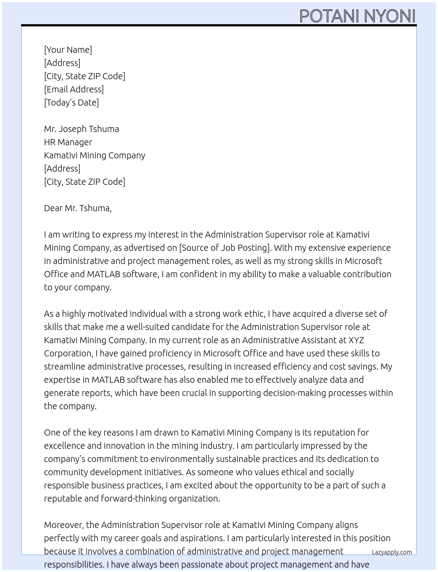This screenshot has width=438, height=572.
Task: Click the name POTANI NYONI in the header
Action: tap(357, 16)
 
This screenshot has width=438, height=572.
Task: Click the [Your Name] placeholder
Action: tap(68, 50)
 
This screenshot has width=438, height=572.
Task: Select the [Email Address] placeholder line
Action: tap(74, 89)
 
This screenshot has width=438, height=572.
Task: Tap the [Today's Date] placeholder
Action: tap(71, 103)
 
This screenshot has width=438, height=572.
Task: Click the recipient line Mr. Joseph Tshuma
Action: tap(81, 129)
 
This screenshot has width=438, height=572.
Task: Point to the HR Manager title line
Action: tap(68, 142)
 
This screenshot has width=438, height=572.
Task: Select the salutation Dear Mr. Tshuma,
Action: tap(78, 208)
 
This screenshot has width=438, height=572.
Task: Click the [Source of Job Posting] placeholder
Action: tap(225, 248)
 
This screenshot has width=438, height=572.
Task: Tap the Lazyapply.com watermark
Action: tap(392, 552)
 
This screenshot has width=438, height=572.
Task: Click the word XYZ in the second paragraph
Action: tap(356, 340)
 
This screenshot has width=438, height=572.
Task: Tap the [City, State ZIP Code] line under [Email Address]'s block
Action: tap(84, 76)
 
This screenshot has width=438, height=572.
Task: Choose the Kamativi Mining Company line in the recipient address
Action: tap(95, 155)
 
